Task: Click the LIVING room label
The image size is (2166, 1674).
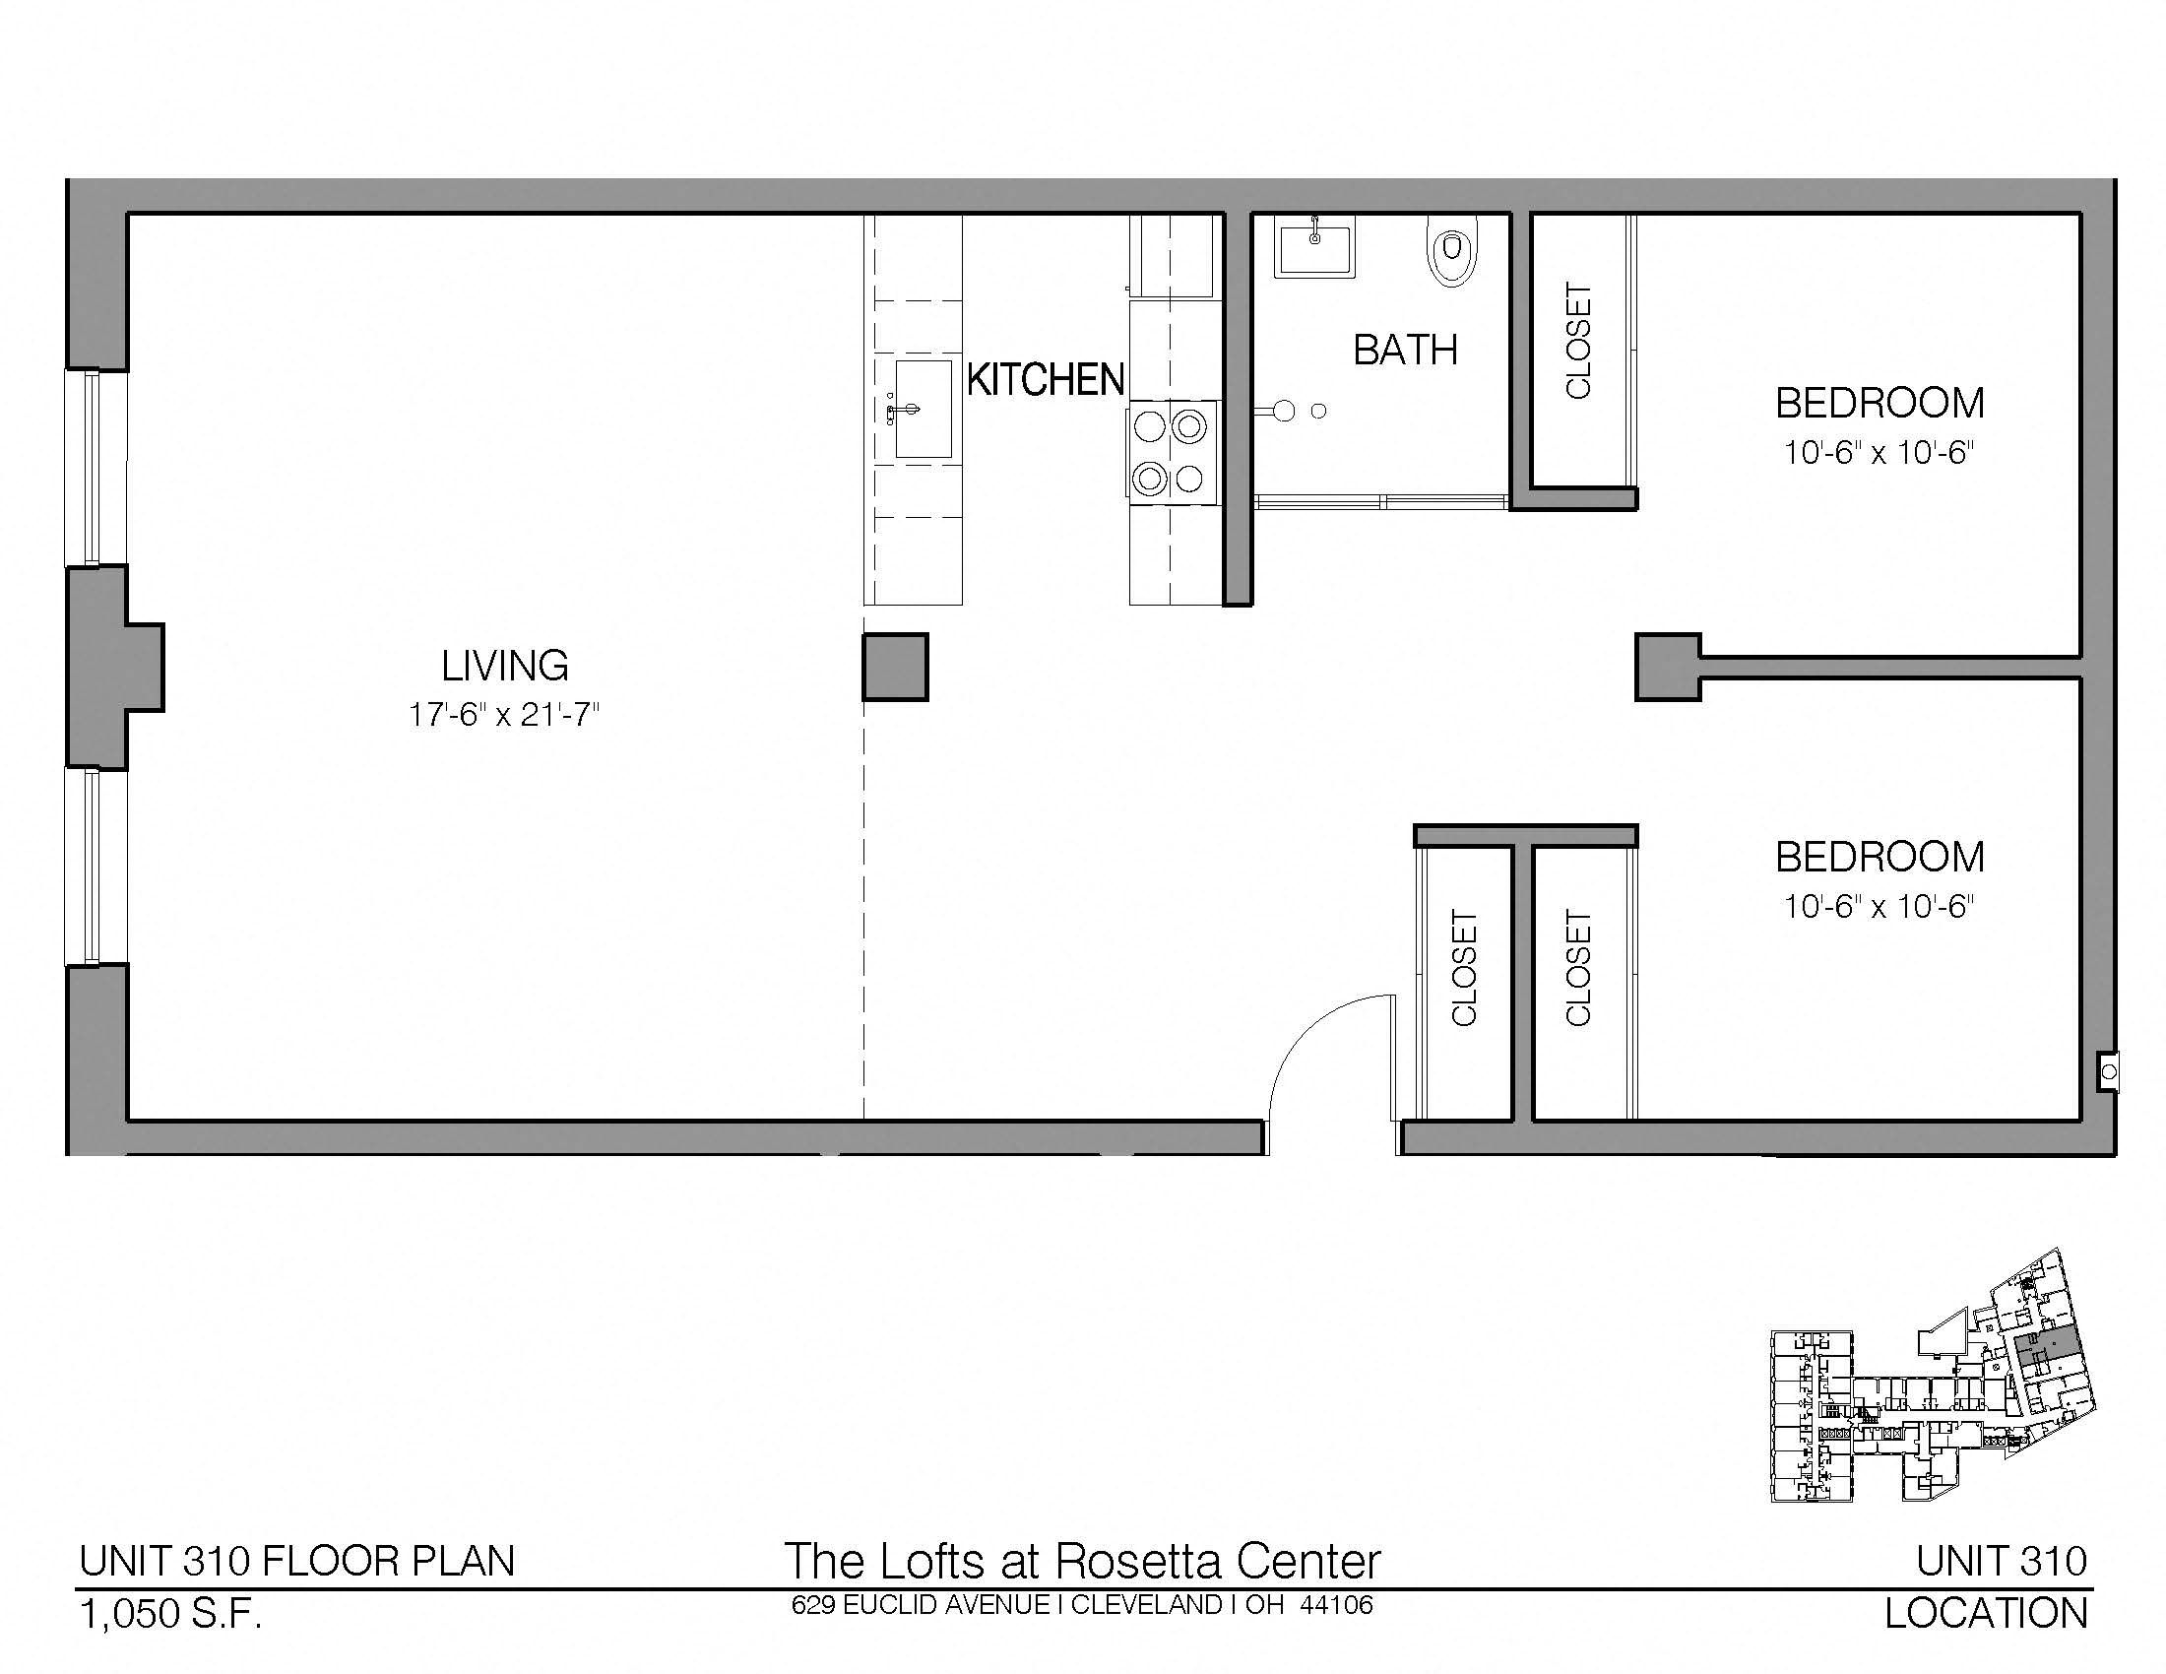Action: tap(505, 666)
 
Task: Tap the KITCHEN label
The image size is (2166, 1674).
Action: tap(1046, 380)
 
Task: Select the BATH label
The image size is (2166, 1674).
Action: tap(1405, 351)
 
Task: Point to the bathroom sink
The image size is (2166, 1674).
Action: tap(1313, 248)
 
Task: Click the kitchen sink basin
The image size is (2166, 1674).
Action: tap(924, 410)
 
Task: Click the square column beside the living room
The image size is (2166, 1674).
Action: tap(896, 668)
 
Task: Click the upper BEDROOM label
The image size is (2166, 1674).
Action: tap(1879, 404)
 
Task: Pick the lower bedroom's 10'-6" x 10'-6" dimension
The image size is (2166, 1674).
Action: tap(1879, 906)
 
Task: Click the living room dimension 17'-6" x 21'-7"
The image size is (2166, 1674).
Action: tap(505, 715)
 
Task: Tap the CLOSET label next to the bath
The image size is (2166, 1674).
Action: tap(1578, 341)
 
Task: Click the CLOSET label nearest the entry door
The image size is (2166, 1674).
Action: tap(1464, 968)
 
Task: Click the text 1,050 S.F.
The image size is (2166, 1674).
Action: tap(170, 1616)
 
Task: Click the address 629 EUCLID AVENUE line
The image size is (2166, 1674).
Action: tap(1082, 1605)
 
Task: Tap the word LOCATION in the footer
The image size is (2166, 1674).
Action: tap(1986, 1614)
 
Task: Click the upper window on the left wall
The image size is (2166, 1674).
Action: tap(97, 467)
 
